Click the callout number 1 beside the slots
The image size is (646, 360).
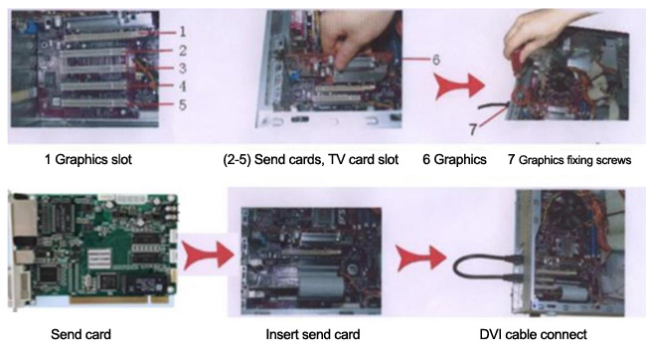point(183,31)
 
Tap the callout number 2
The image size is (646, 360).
point(183,51)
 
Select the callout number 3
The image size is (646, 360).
point(183,68)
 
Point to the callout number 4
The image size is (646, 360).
point(183,86)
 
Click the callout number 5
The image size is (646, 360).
point(183,104)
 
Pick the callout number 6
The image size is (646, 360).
point(436,60)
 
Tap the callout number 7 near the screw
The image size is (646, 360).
point(473,129)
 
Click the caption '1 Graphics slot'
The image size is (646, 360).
point(88,159)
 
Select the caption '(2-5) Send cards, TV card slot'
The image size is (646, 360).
point(311,159)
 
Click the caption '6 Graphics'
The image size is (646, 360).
point(454,159)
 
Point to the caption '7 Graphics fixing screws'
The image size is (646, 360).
point(569,160)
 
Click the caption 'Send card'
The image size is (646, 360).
point(81,334)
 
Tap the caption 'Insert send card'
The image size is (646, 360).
point(313,334)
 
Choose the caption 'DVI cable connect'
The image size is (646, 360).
point(533,334)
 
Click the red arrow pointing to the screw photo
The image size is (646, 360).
point(459,86)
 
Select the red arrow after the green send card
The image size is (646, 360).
point(208,255)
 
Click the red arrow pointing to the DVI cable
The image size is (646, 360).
point(421,259)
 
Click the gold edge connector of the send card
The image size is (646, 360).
point(118,299)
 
